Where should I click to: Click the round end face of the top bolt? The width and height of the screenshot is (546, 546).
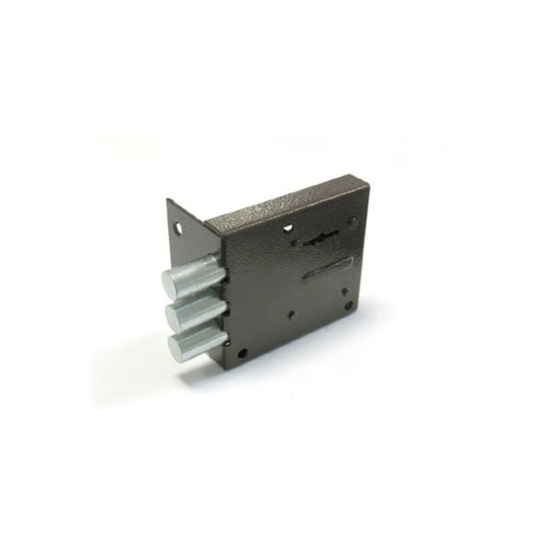tap(173, 281)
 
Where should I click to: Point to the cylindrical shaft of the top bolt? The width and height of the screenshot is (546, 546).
tap(204, 270)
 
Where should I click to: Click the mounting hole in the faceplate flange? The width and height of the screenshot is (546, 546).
tap(179, 231)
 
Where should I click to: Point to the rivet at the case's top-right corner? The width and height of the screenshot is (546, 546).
tap(353, 222)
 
